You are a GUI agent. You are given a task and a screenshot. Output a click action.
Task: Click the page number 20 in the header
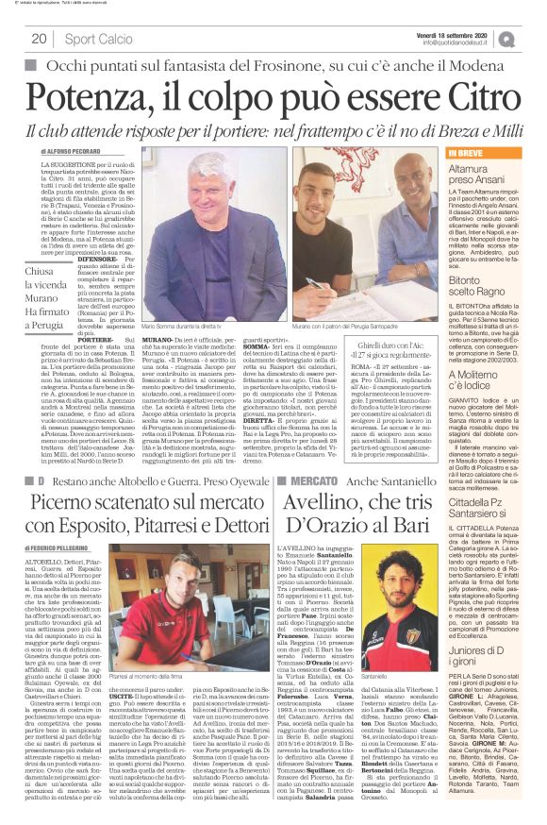tap(40, 39)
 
